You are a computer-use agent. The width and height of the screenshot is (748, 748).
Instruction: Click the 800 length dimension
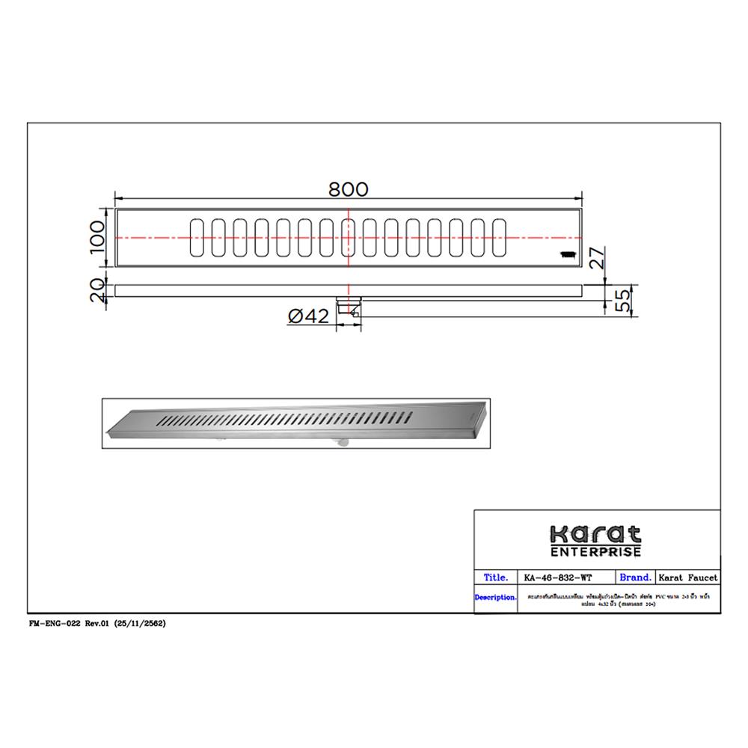click(x=349, y=189)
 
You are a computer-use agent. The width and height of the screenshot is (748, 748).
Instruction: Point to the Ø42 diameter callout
click(x=309, y=317)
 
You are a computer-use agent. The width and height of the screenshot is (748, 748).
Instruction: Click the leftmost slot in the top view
click(x=197, y=237)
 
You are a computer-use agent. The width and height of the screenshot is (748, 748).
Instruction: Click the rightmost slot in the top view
click(x=499, y=237)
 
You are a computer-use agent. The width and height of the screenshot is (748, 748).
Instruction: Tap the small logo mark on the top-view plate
click(x=566, y=254)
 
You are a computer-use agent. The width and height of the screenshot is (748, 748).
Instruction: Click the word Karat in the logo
click(x=596, y=536)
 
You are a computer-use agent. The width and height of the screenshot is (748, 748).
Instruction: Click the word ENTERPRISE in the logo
click(x=596, y=552)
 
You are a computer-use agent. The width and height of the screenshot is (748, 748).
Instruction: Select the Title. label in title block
click(x=497, y=577)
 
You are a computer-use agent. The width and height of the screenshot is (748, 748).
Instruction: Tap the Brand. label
click(x=636, y=577)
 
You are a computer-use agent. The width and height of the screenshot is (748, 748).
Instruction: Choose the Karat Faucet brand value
click(x=687, y=577)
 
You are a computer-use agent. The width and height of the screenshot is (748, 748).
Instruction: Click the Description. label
click(x=495, y=598)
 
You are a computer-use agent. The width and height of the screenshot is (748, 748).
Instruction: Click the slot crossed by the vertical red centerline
click(x=349, y=237)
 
